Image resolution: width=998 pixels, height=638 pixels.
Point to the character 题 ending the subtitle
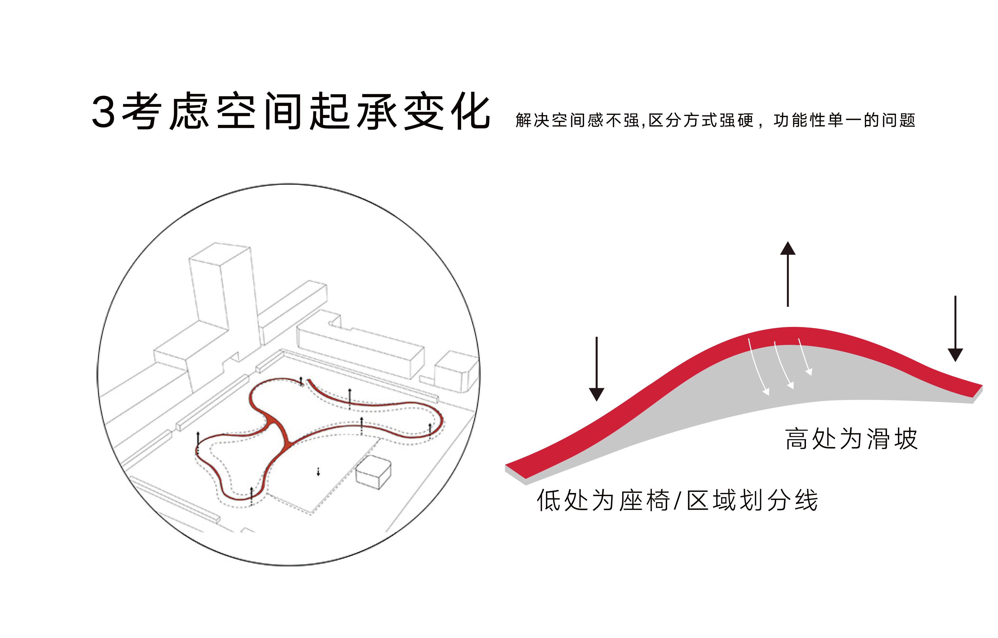pos(907,120)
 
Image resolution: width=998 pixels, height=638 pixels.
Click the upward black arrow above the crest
pos(787,274)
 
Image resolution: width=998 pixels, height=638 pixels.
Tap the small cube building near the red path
pos(373,472)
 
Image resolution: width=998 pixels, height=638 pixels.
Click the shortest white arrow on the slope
pos(804,356)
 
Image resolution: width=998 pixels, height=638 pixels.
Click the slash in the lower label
pos(677,500)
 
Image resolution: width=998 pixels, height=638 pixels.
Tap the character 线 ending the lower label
pos(806,500)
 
